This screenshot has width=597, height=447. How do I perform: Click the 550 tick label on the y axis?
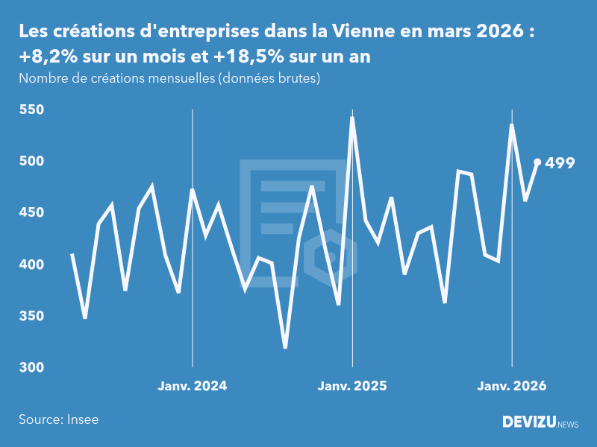[31, 110]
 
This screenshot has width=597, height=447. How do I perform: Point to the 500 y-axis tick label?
[31, 161]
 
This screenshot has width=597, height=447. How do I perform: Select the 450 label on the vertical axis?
[31, 213]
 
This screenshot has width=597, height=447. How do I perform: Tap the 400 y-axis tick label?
[31, 264]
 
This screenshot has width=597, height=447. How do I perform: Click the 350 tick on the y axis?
[31, 316]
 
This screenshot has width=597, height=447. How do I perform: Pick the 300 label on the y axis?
[31, 367]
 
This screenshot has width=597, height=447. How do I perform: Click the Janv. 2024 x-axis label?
[193, 386]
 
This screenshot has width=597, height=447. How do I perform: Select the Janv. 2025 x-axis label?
[352, 386]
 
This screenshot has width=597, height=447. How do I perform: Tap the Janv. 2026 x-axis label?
[512, 386]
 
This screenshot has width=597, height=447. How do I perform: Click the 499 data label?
[560, 162]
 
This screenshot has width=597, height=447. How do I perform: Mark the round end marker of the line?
[537, 162]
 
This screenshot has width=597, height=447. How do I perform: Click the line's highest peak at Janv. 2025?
[352, 118]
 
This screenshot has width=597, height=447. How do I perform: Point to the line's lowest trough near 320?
[285, 347]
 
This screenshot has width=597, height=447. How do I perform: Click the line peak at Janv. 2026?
[512, 125]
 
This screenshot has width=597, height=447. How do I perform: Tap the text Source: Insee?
[59, 419]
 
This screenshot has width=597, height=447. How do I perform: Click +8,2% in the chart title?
[46, 57]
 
